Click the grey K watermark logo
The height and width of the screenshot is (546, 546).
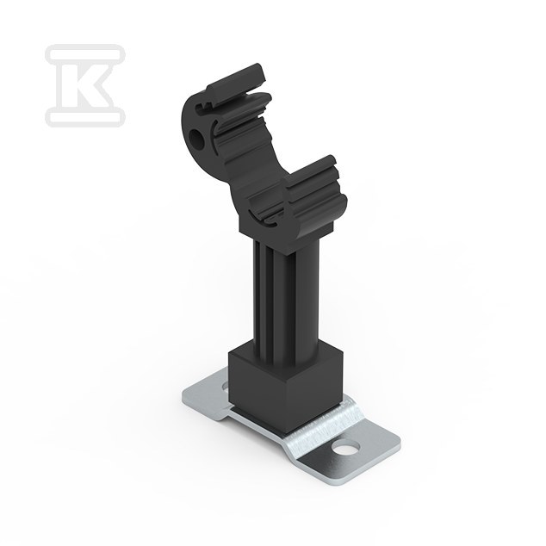[x=85, y=85]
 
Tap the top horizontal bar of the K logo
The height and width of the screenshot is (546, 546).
[x=85, y=54]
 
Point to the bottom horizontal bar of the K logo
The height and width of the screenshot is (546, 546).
[x=85, y=116]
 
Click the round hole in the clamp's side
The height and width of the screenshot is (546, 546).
[x=196, y=138]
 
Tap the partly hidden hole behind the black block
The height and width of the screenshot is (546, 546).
[x=225, y=385]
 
